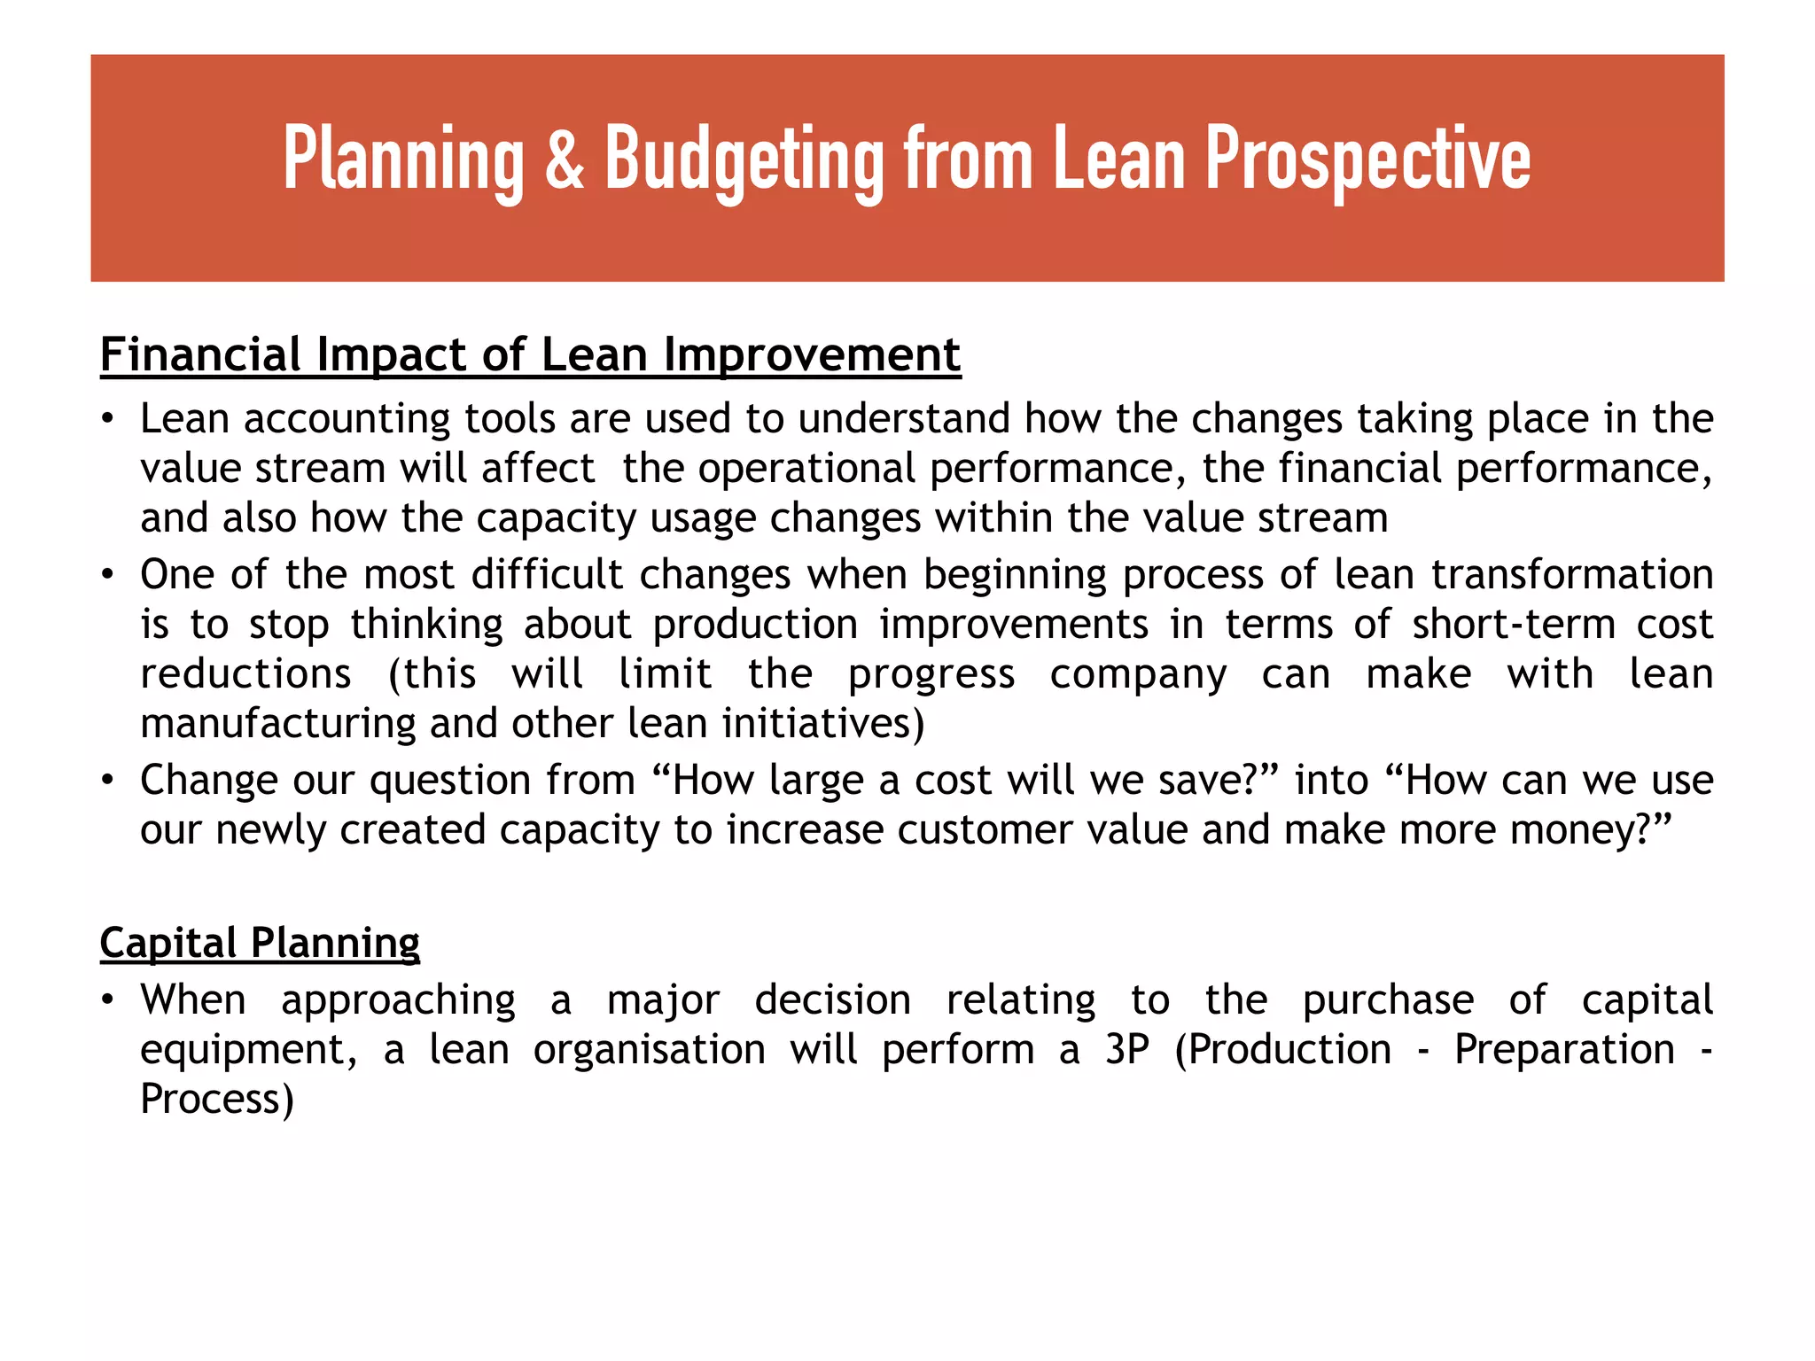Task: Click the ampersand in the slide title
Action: [565, 160]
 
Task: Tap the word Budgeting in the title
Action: [744, 160]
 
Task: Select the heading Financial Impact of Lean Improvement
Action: [530, 355]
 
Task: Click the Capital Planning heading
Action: [260, 943]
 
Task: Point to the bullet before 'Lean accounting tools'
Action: [107, 419]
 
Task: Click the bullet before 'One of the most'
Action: [107, 576]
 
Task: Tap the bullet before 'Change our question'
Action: [107, 782]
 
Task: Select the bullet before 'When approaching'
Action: [107, 1001]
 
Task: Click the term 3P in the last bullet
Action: [1127, 1050]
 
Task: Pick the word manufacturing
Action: [278, 724]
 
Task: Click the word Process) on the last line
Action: [217, 1100]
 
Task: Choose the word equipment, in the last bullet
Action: [249, 1050]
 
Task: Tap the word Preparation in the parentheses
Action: [1564, 1050]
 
